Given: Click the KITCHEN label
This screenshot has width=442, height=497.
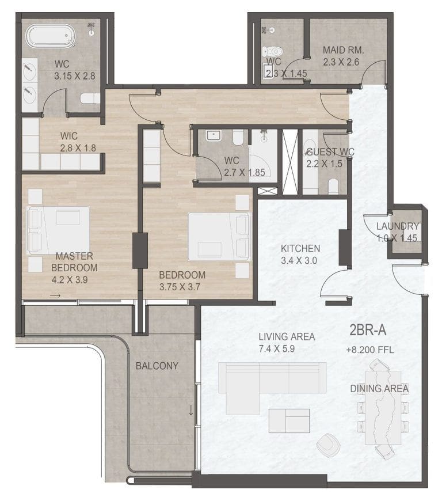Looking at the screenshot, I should tap(300, 249).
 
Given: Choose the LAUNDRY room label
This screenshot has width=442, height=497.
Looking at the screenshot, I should tap(397, 226).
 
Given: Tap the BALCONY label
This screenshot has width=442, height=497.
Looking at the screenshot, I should tap(157, 366).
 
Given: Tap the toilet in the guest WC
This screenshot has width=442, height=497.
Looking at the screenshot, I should tap(333, 186).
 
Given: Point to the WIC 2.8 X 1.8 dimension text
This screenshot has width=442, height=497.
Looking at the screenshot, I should tap(78, 148).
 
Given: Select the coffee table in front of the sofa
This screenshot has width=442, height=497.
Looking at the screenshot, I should tap(289, 420).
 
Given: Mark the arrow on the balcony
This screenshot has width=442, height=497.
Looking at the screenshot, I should tap(190, 411).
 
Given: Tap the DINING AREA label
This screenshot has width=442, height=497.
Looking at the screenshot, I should tap(379, 389).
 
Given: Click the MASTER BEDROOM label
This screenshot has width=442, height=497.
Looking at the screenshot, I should tap(74, 261).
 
